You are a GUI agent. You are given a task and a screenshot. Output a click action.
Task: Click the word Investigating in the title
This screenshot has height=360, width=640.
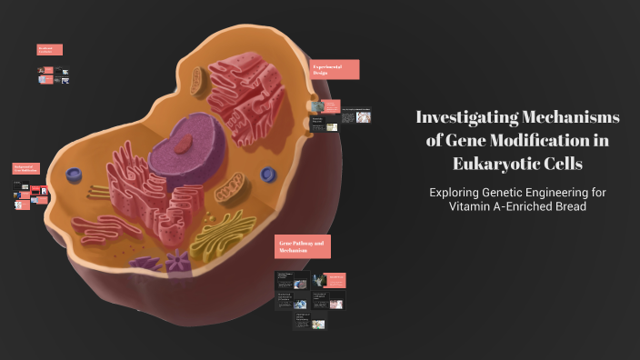[468, 117]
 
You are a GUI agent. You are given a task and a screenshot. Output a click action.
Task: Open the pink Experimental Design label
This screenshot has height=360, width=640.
[335, 70]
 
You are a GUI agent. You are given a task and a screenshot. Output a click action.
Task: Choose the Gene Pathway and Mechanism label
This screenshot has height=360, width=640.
[303, 246]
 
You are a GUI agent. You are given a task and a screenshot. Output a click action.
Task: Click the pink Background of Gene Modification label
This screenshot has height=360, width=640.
[25, 169]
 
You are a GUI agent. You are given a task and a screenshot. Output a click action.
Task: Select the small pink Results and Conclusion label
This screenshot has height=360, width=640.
[50, 49]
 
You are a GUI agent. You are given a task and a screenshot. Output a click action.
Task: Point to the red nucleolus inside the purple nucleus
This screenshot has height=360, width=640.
[184, 143]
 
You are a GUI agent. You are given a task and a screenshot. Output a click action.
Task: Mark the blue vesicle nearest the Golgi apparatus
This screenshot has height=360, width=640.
[268, 174]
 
